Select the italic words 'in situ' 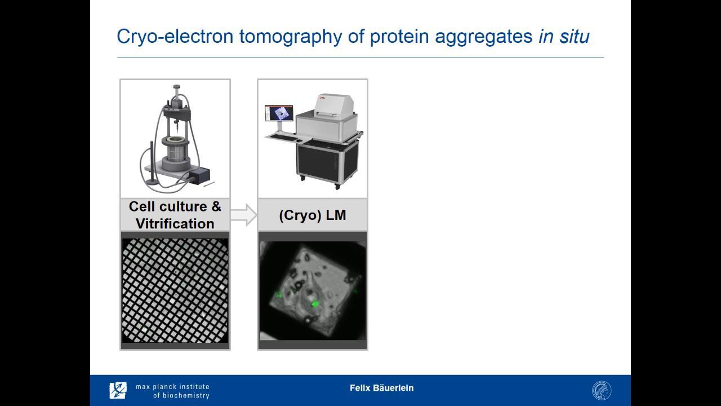pos(564,36)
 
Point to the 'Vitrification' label pos(175,224)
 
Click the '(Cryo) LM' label pos(313,215)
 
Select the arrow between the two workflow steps pos(244,215)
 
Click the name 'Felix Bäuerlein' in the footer pos(381,387)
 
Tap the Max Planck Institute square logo pos(118,390)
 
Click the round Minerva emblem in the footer pos(602,391)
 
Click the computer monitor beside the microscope pos(279,113)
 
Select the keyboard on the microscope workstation pos(284,138)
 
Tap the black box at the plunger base pos(200,176)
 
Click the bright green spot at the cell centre pos(314,303)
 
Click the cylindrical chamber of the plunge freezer pos(175,153)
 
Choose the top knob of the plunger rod pos(176,87)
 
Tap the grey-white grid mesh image pos(175,290)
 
